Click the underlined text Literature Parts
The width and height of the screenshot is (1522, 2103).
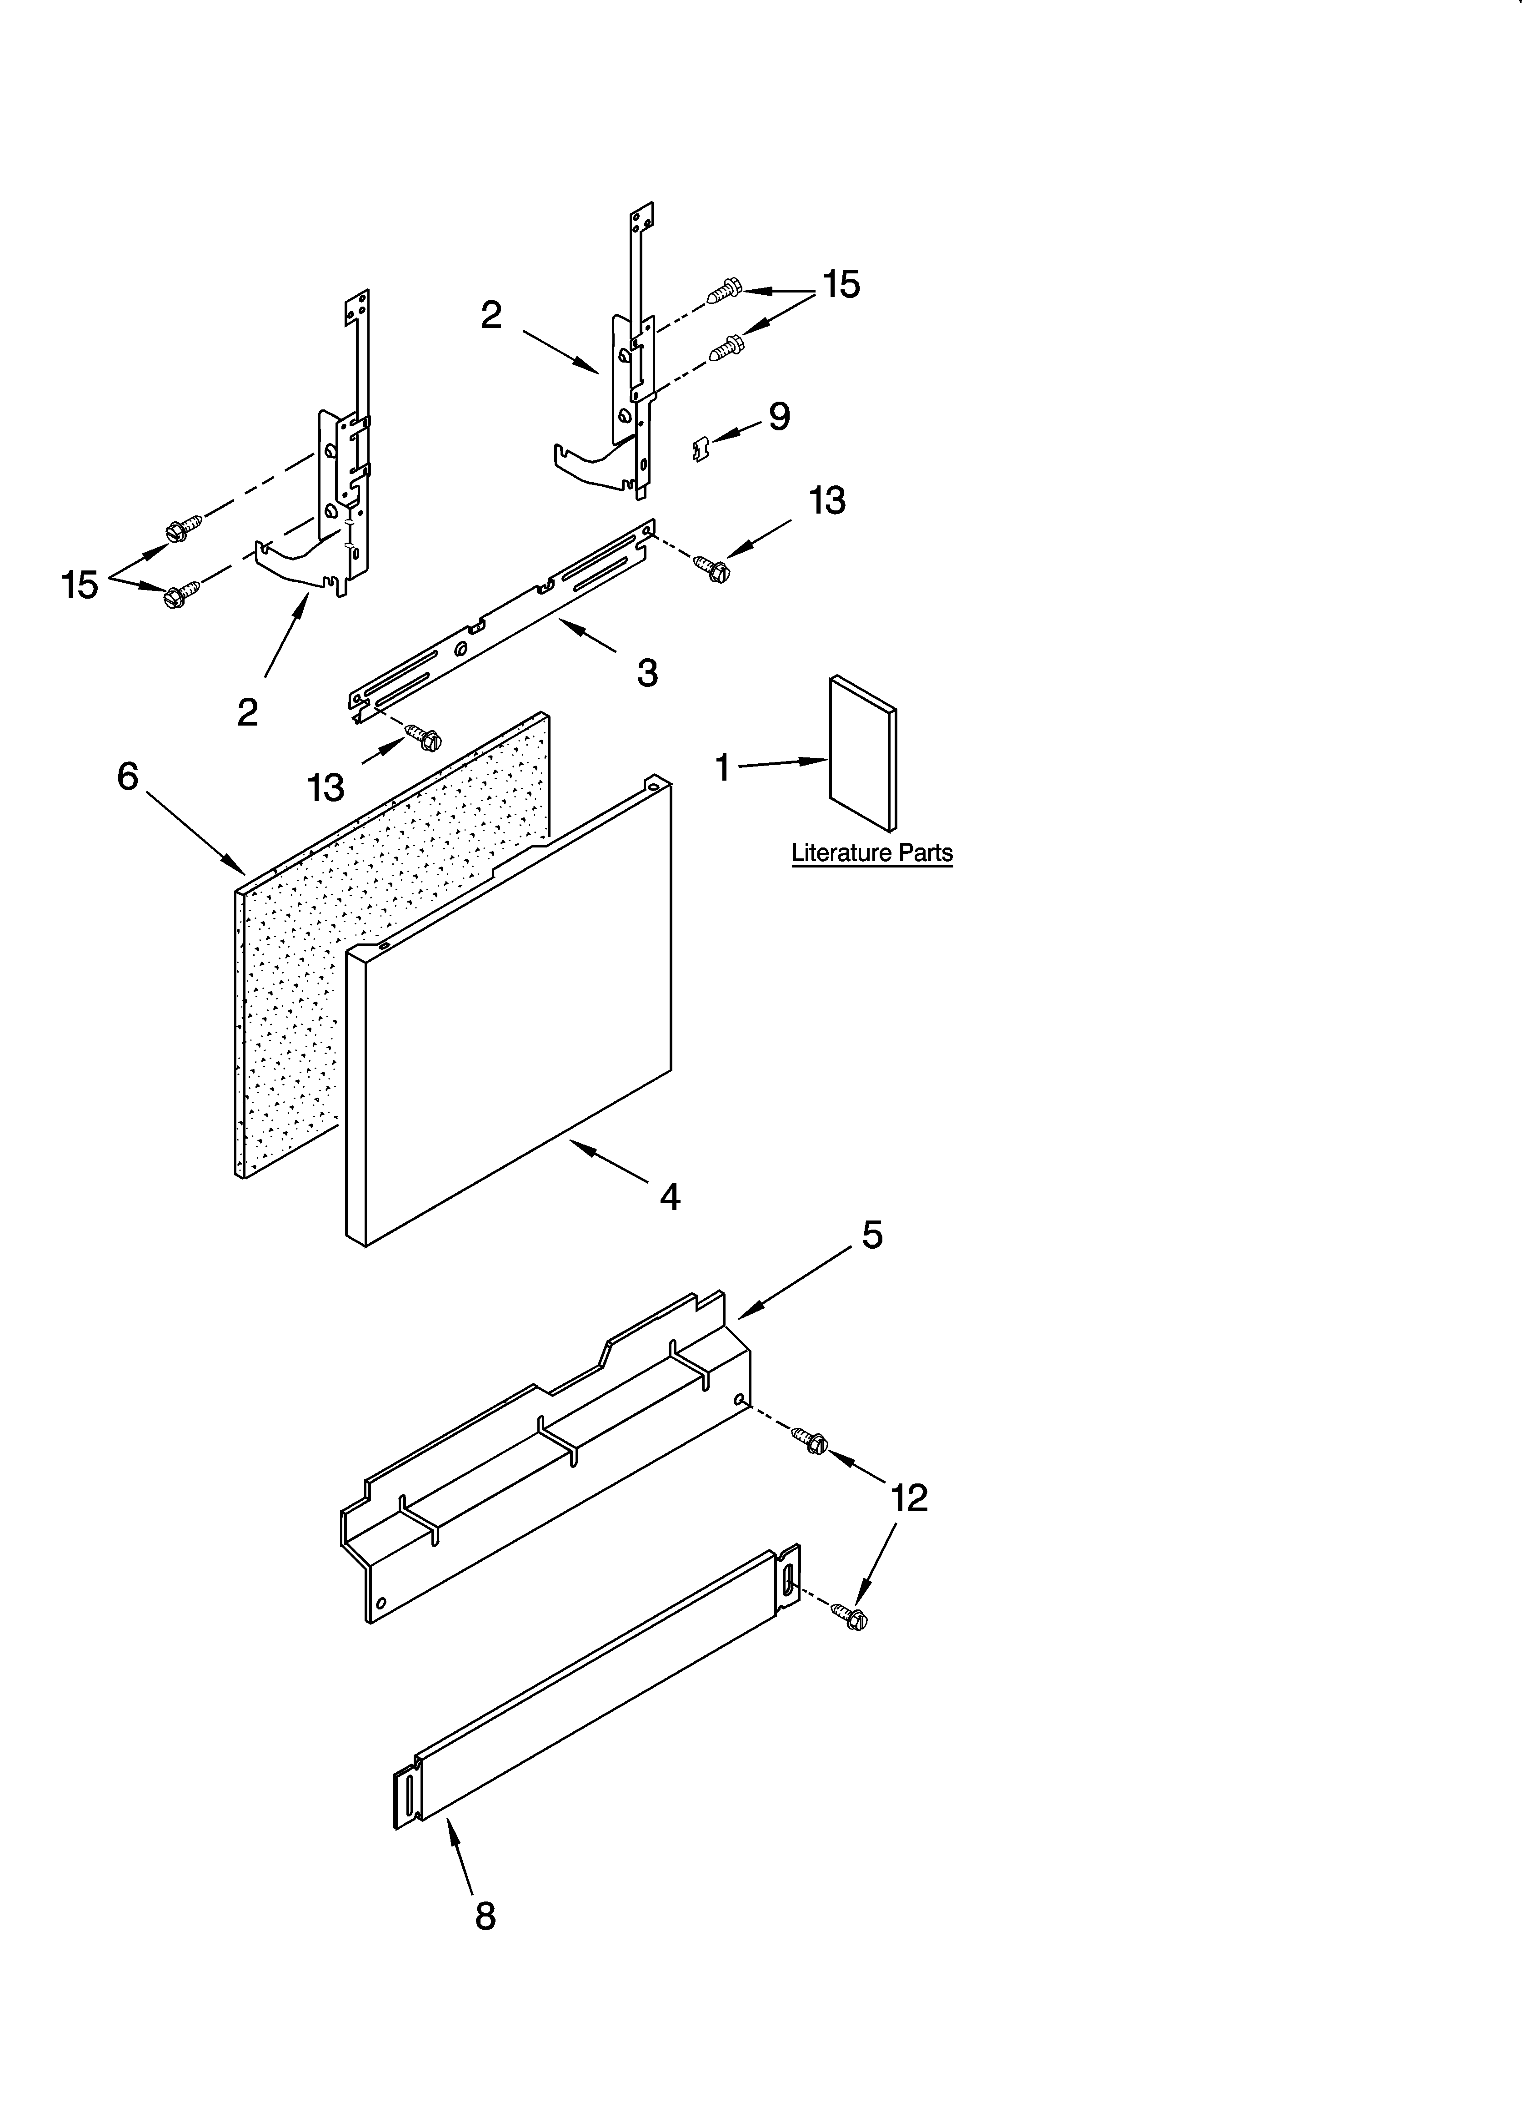click(x=871, y=853)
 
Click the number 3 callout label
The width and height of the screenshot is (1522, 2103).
click(x=647, y=672)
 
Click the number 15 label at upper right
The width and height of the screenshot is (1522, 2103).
click(x=841, y=285)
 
